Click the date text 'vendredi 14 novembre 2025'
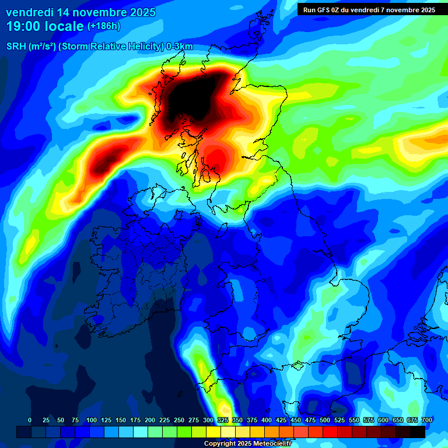(x=80, y=12)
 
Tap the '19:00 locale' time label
(x=45, y=26)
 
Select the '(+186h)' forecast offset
(x=104, y=26)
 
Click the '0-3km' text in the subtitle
(x=180, y=47)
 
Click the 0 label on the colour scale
(x=30, y=420)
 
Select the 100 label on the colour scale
(x=91, y=420)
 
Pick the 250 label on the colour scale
(x=179, y=420)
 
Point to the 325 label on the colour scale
(x=223, y=420)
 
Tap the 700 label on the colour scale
(x=426, y=420)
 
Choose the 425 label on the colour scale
(x=281, y=420)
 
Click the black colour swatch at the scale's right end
(x=418, y=432)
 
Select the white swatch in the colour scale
(x=228, y=432)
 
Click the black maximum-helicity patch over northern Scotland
(x=190, y=99)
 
